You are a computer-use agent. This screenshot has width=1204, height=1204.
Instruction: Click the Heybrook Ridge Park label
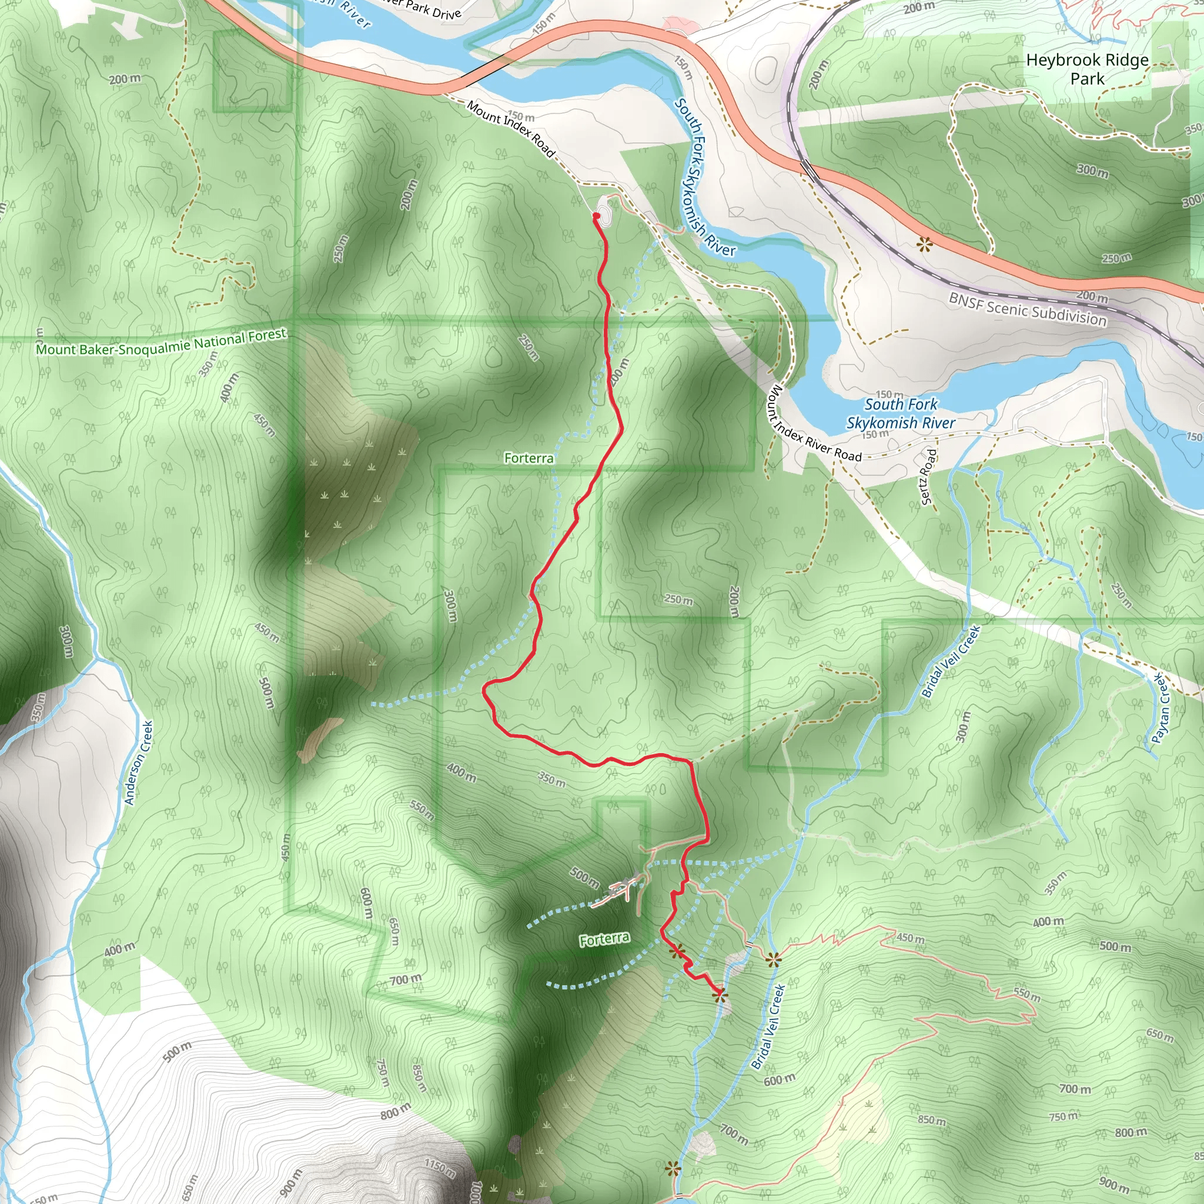[x=1087, y=69]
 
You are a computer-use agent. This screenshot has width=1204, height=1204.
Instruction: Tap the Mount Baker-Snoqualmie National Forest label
[x=160, y=342]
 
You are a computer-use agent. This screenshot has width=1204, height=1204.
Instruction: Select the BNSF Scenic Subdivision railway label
[x=1028, y=309]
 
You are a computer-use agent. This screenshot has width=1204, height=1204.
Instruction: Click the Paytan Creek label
[x=1161, y=708]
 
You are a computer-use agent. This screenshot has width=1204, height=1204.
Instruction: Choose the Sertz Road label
[x=928, y=477]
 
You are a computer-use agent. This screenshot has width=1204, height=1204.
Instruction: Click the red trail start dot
[x=596, y=216]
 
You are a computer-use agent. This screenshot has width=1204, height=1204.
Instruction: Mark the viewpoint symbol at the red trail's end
[x=720, y=996]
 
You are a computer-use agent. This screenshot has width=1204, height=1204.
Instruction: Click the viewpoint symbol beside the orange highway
[x=924, y=245]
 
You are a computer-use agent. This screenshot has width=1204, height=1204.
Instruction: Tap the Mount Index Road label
[x=510, y=129]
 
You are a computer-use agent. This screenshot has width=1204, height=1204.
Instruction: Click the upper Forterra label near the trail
[x=529, y=458]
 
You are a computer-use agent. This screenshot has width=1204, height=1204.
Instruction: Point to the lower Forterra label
[x=604, y=939]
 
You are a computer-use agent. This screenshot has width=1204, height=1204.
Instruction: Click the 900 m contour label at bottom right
[x=1114, y=1183]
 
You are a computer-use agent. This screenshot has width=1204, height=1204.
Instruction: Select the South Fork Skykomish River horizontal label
[x=901, y=414]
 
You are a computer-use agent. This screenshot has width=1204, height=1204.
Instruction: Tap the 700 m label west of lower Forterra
[x=405, y=979]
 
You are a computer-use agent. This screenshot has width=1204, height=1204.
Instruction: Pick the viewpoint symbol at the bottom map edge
[x=672, y=1169]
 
